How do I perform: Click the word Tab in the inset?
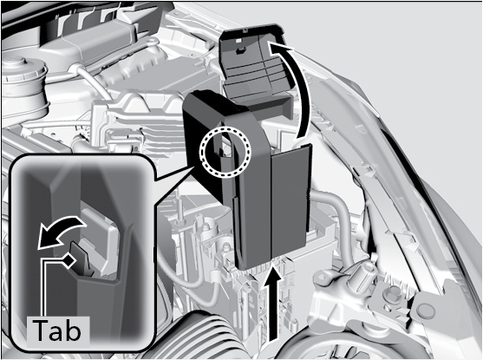coord(57,331)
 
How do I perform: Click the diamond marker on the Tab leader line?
coord(69,260)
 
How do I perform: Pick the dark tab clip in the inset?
coord(82,259)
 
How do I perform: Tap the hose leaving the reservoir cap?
coord(93,81)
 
